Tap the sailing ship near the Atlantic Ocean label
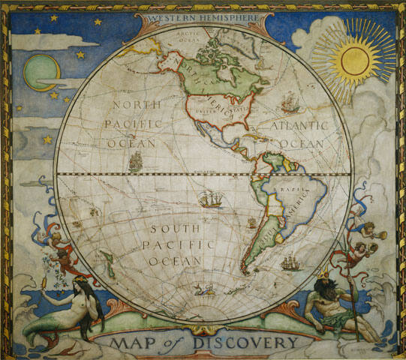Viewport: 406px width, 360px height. point(290,101)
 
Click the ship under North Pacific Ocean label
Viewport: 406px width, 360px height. point(135,160)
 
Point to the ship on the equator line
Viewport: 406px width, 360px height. point(211,199)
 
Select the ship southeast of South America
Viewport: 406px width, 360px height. point(291,262)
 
